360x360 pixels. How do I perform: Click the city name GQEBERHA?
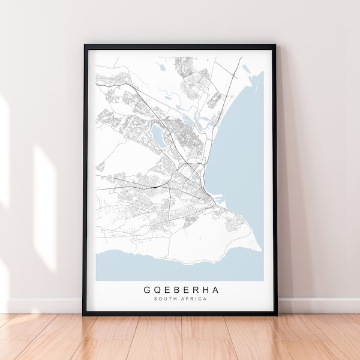tap(181, 290)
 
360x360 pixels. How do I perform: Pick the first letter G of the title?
tap(147, 290)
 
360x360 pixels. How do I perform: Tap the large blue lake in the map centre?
tap(158, 135)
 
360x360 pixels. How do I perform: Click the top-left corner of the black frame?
tap(85, 45)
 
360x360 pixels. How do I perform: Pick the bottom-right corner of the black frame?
tap(276, 314)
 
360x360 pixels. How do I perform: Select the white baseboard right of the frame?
tap(318, 305)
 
